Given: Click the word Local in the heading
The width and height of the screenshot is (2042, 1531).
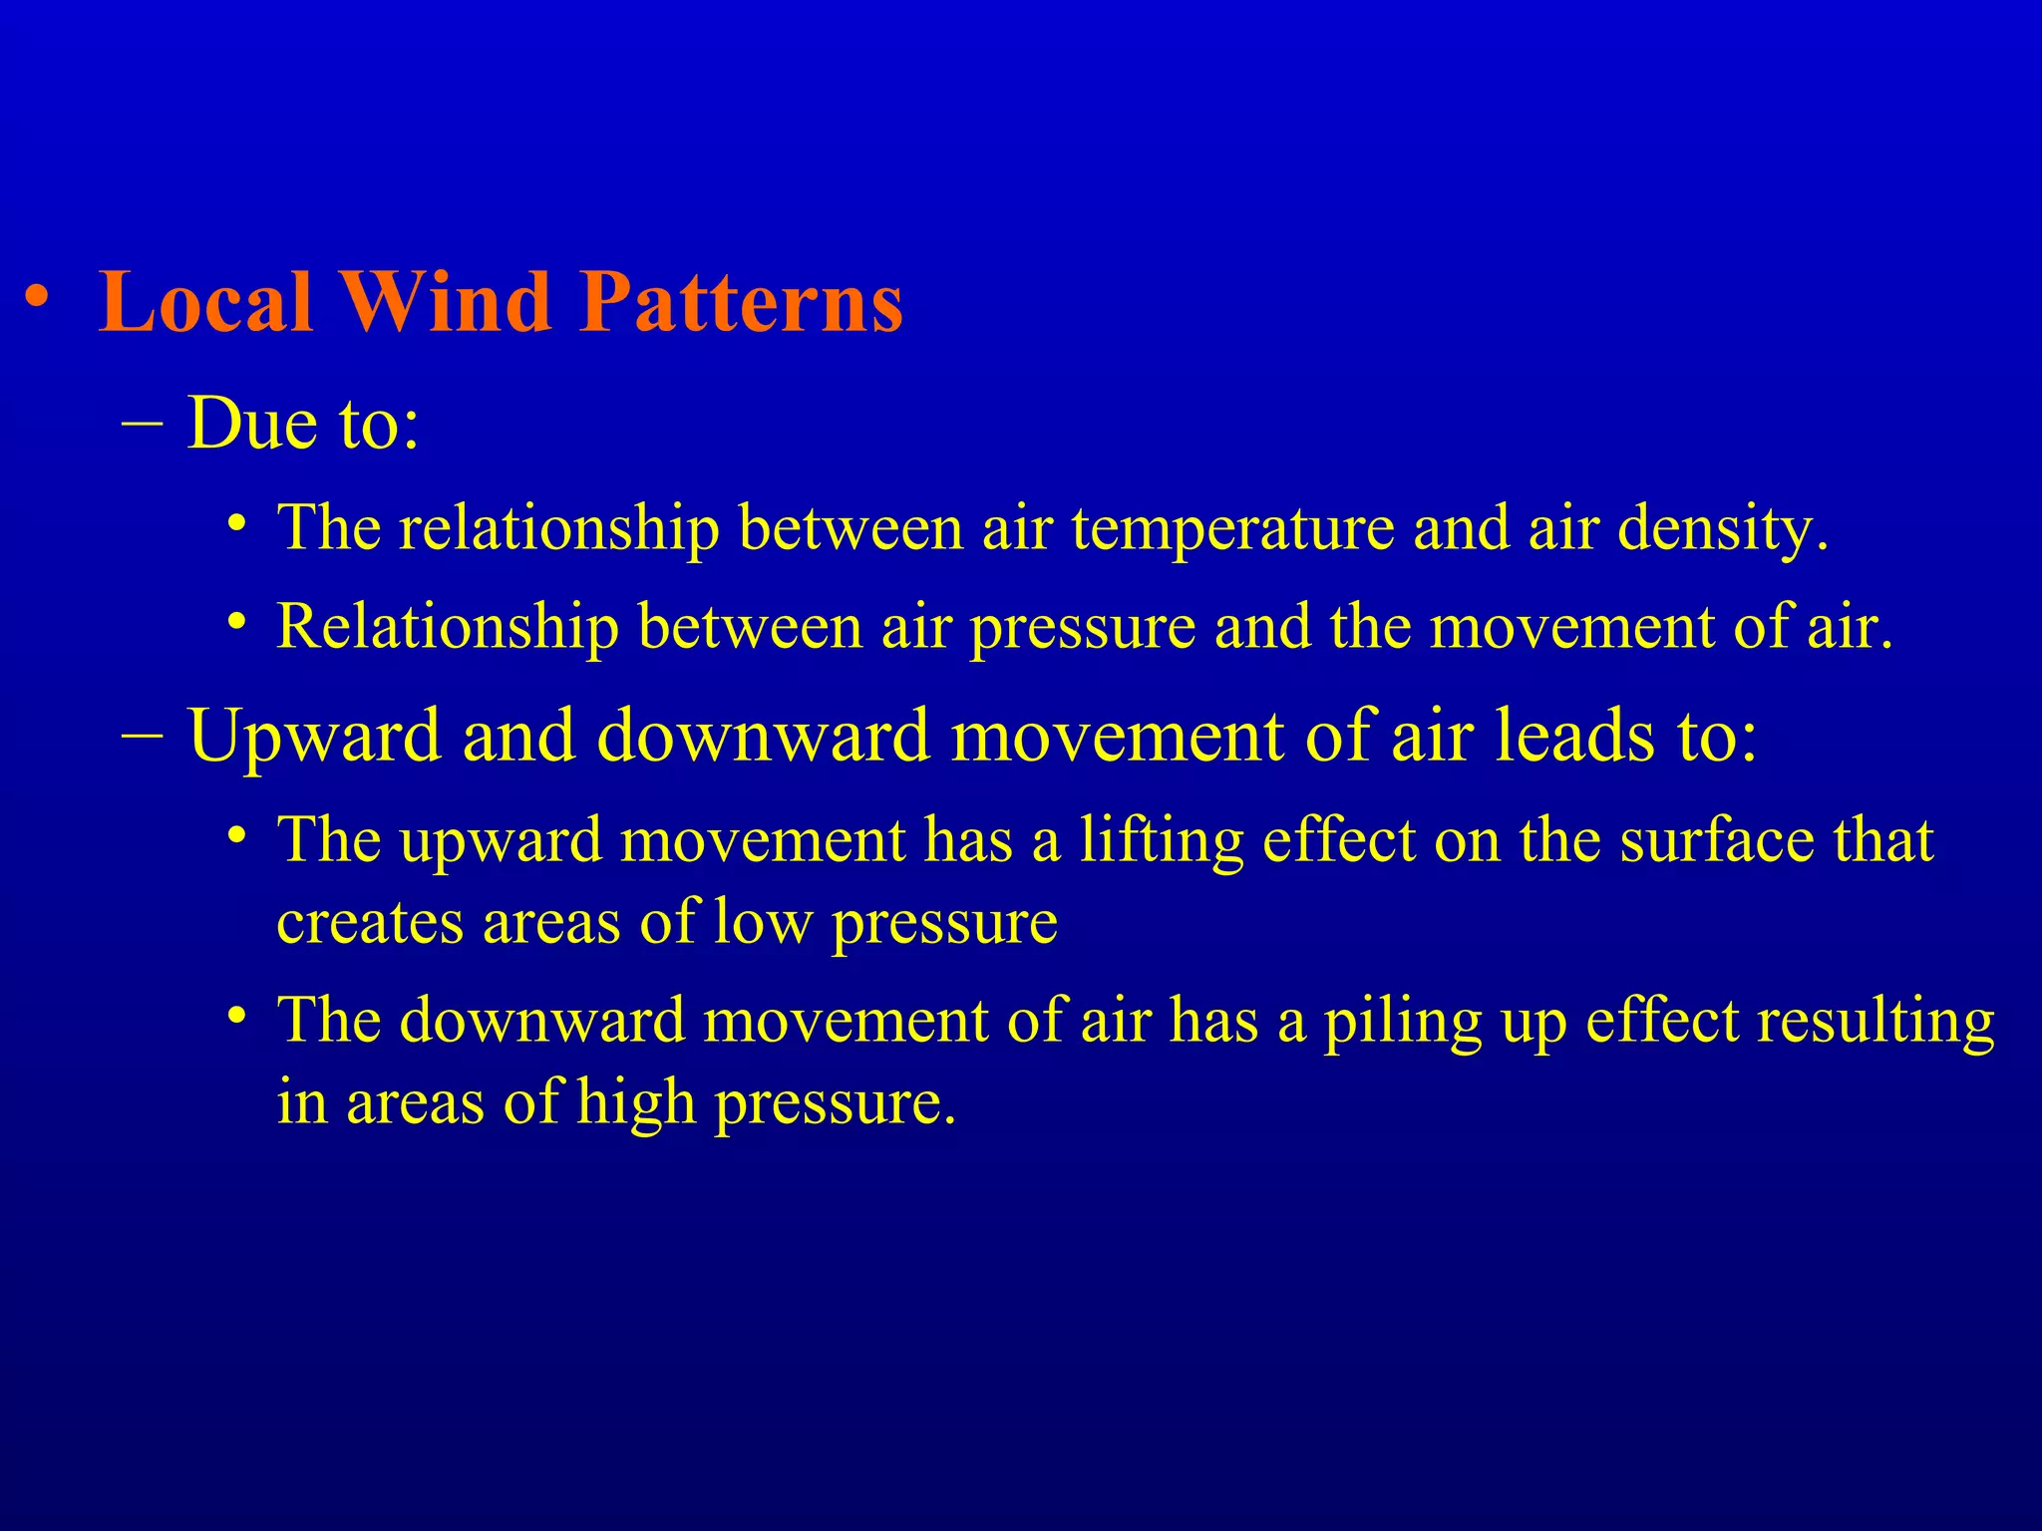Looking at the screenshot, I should (205, 301).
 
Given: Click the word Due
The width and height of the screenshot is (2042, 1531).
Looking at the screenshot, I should (253, 423).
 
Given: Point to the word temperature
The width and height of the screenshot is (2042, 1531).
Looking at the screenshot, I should (1232, 527).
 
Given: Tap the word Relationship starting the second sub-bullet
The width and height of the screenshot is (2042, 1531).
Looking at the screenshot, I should (448, 627).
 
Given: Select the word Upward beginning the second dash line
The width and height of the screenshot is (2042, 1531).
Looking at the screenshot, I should (314, 736).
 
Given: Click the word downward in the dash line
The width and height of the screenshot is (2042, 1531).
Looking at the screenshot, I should (762, 736).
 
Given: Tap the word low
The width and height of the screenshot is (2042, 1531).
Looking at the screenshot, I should (763, 922).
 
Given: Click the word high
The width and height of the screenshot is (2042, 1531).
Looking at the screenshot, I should (636, 1103).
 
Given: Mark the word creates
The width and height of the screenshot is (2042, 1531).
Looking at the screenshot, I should (370, 922).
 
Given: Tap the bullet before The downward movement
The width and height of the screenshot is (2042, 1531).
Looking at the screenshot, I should (235, 1017).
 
